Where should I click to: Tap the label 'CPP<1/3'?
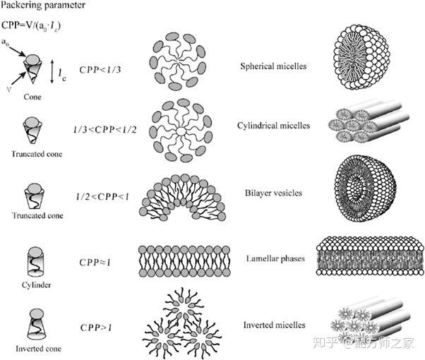click(101, 69)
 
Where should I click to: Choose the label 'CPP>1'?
click(97, 327)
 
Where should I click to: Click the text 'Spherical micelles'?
click(273, 68)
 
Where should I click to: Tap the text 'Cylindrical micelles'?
click(273, 126)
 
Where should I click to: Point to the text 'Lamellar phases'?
click(273, 258)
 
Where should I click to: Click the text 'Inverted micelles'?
click(273, 325)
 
